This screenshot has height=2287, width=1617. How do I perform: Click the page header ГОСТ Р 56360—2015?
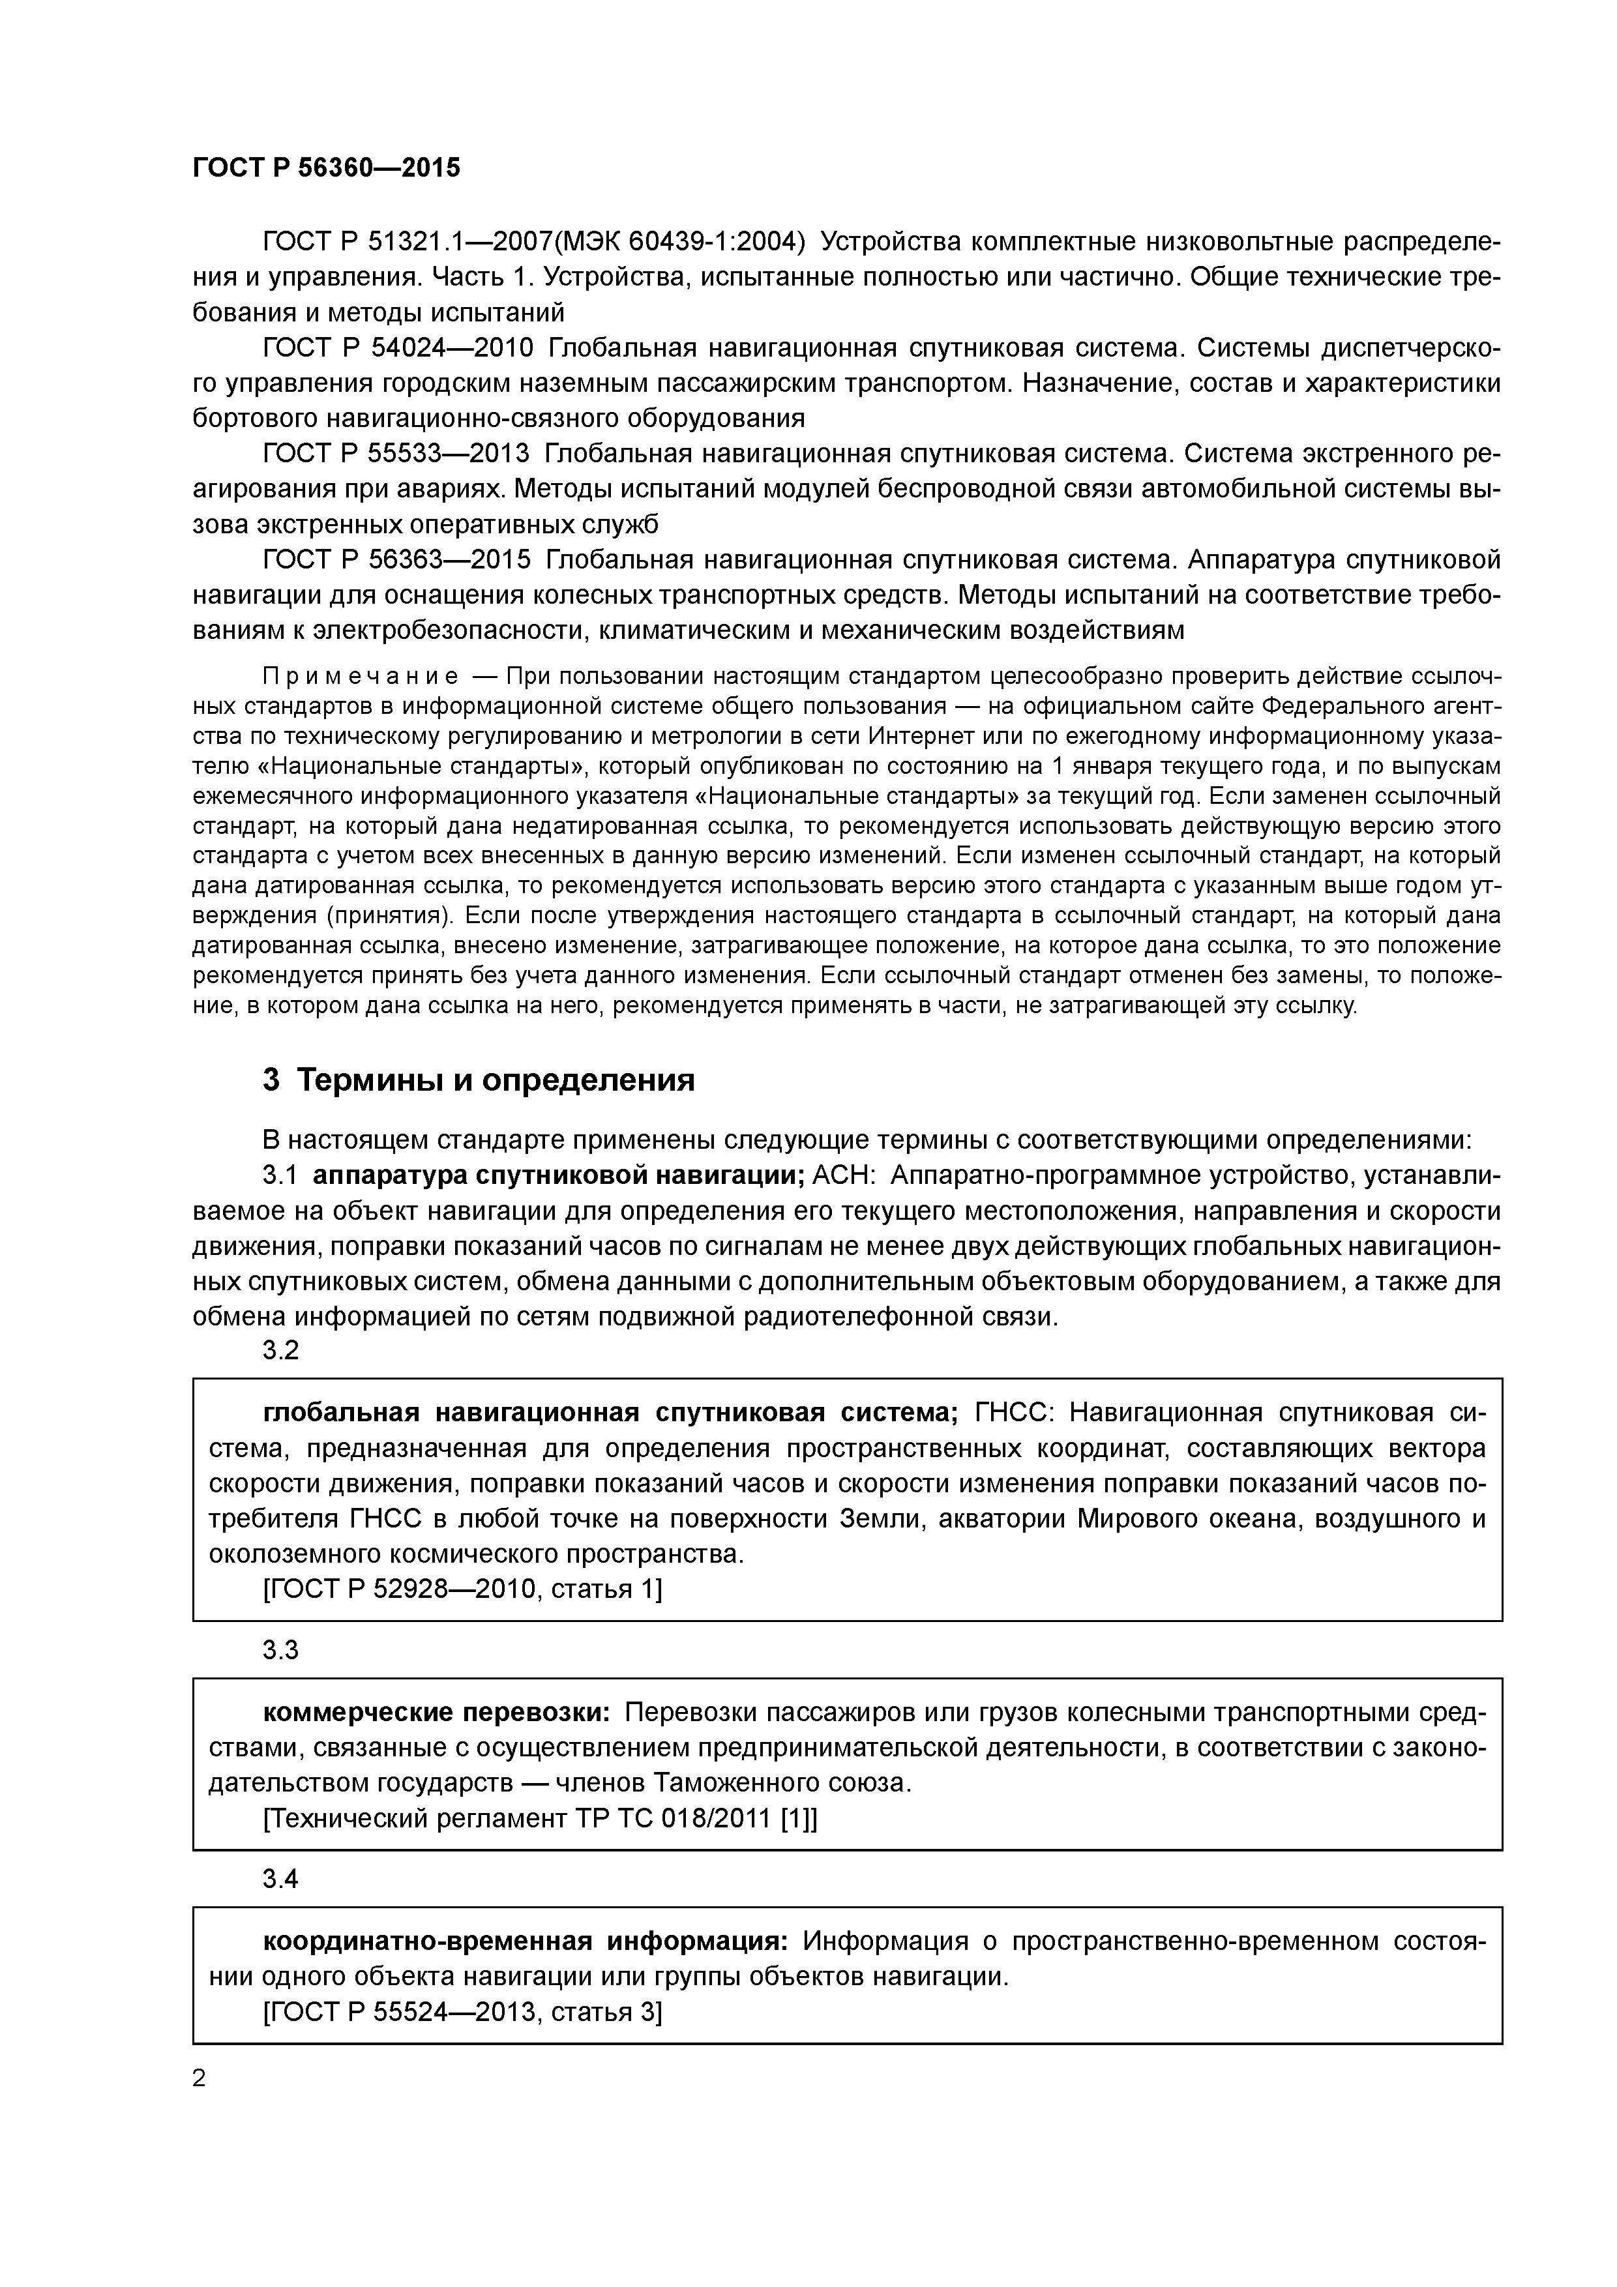coord(326,168)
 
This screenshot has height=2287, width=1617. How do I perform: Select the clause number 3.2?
coord(280,1351)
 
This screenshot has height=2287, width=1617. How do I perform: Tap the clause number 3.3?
coord(280,1651)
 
